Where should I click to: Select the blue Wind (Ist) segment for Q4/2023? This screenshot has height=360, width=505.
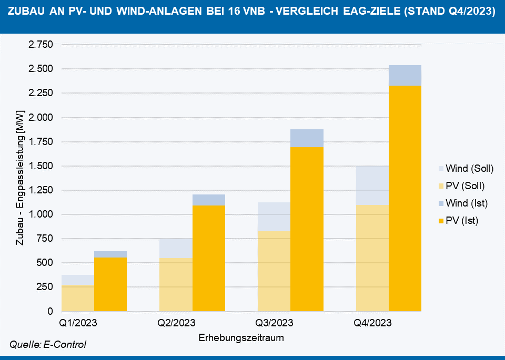pos(405,75)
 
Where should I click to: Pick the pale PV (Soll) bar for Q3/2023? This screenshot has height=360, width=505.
pos(274,271)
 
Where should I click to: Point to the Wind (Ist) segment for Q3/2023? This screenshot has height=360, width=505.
pos(307,138)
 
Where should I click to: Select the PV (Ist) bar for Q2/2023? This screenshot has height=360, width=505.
pos(209,258)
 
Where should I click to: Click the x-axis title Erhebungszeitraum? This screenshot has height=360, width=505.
pos(241,338)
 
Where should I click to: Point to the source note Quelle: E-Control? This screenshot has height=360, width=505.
pos(48,345)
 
